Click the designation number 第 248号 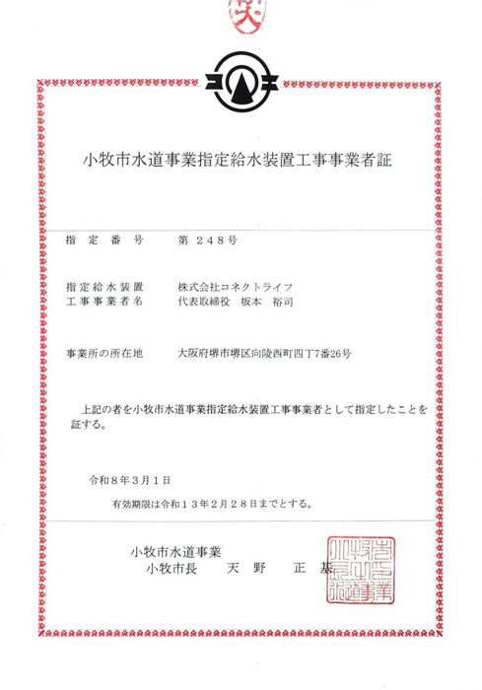(x=207, y=240)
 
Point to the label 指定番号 (x=103, y=240)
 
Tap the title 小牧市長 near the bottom (x=173, y=569)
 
